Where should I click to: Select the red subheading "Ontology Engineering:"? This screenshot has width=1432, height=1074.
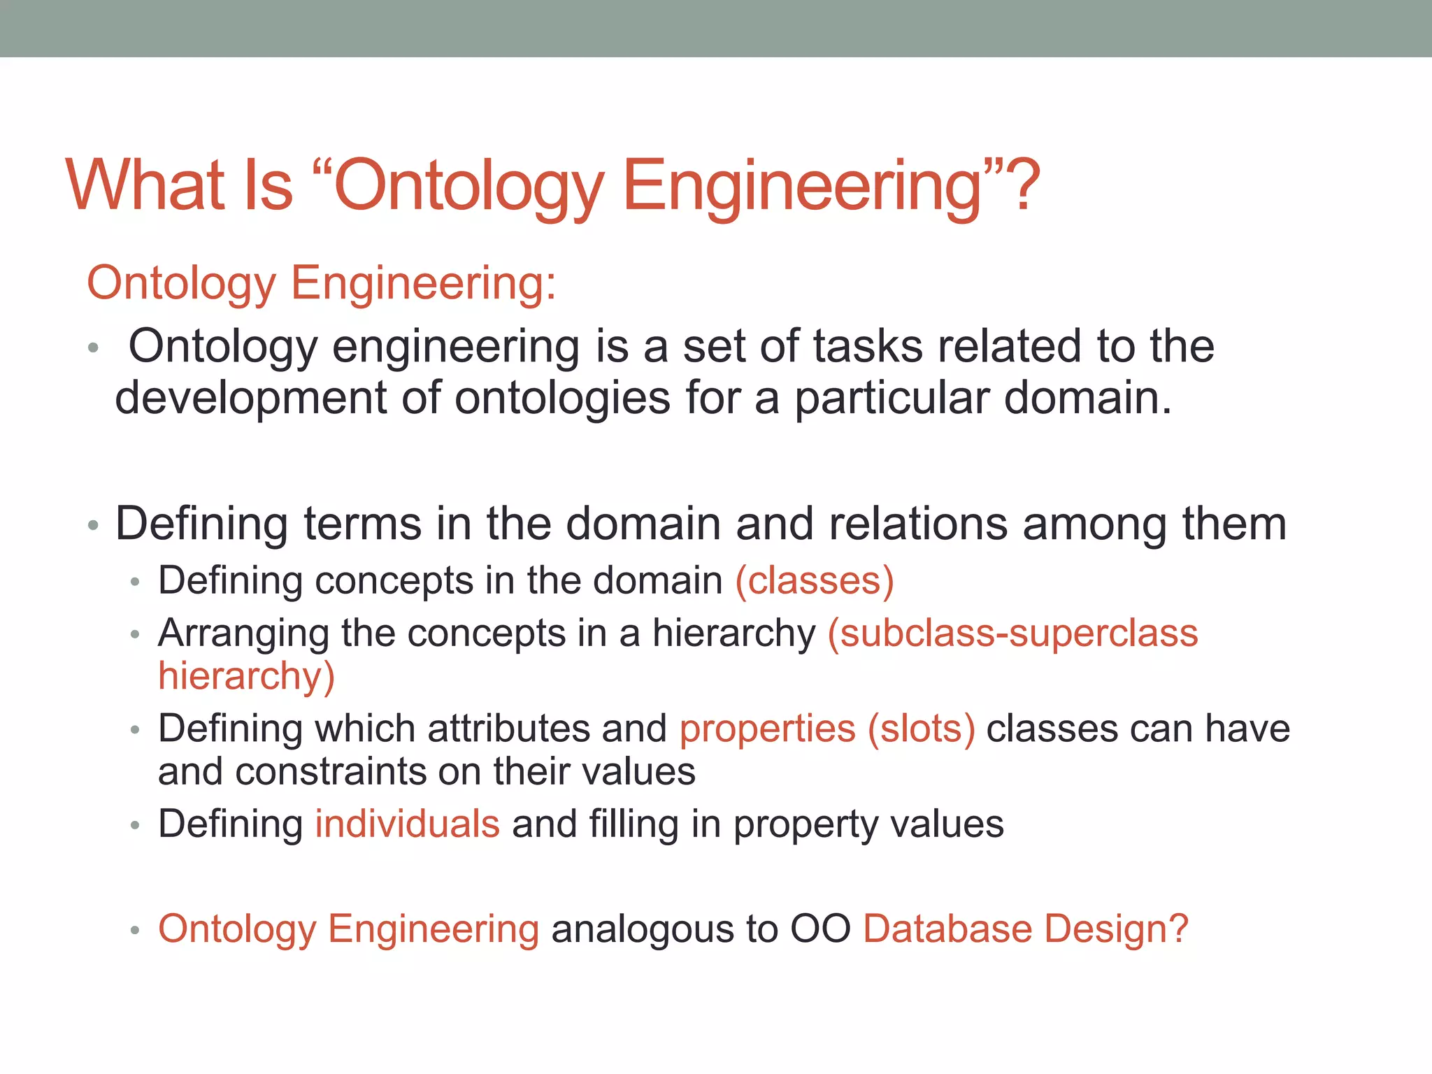(322, 283)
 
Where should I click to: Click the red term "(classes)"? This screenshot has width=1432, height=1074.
(815, 580)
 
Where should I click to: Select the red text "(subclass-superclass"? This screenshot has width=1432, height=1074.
(1012, 633)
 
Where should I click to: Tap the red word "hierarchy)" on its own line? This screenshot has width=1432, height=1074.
(247, 676)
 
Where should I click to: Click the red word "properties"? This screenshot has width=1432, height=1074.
(767, 729)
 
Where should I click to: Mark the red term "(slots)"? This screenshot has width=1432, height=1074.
(921, 729)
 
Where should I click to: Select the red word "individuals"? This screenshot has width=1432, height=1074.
(407, 824)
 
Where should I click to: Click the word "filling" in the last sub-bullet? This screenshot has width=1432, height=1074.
(633, 825)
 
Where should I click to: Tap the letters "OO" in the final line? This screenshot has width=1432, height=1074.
(820, 929)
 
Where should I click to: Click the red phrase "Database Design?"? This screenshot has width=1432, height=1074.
(1026, 929)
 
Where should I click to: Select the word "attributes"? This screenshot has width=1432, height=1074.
(508, 729)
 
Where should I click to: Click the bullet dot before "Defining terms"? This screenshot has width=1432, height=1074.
(94, 525)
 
